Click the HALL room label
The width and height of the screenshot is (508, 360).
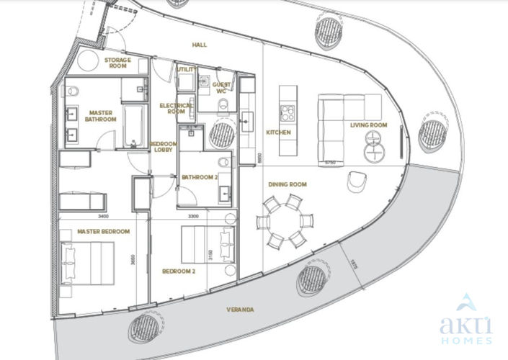(x=200, y=45)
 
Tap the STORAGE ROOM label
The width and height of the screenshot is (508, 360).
(x=117, y=63)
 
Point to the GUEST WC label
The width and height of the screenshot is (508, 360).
(x=221, y=87)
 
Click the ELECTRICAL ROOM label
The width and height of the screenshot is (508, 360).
(x=176, y=108)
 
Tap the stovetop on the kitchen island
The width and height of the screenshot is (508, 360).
(x=288, y=113)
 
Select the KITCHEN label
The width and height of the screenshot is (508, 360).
(x=278, y=133)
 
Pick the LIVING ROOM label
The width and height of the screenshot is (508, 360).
(x=368, y=125)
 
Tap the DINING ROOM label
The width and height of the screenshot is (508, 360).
(x=288, y=184)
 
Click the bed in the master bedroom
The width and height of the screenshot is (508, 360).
(x=87, y=264)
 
